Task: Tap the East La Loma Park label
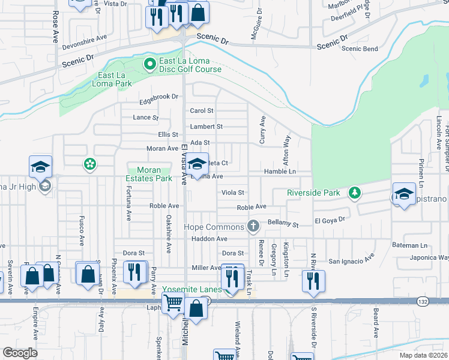(x=115, y=80)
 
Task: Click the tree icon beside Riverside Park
(x=355, y=193)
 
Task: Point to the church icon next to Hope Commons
(x=253, y=226)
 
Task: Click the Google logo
(x=20, y=352)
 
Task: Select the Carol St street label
(x=202, y=111)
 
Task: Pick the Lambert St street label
(x=206, y=127)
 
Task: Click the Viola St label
(x=233, y=193)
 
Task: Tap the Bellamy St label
(x=283, y=224)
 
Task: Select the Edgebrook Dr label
(x=159, y=96)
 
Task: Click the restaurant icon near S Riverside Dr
(x=312, y=280)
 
